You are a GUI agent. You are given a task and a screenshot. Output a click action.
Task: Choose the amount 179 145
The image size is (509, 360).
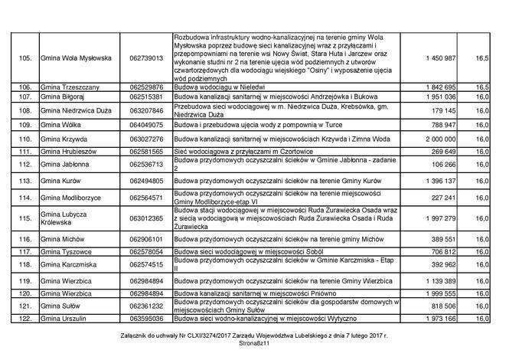point(444,110)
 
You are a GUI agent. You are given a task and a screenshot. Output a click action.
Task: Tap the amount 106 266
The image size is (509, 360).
point(444,165)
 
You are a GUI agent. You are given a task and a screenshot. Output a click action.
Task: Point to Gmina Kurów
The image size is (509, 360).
point(64,180)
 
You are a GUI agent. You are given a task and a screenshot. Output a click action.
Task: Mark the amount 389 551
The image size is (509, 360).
point(444,239)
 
